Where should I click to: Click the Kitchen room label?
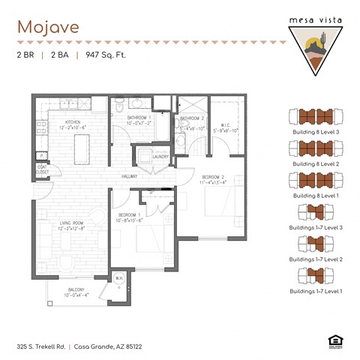point(73,123)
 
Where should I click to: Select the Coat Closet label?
point(43,169)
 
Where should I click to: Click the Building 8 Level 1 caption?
point(315,194)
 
